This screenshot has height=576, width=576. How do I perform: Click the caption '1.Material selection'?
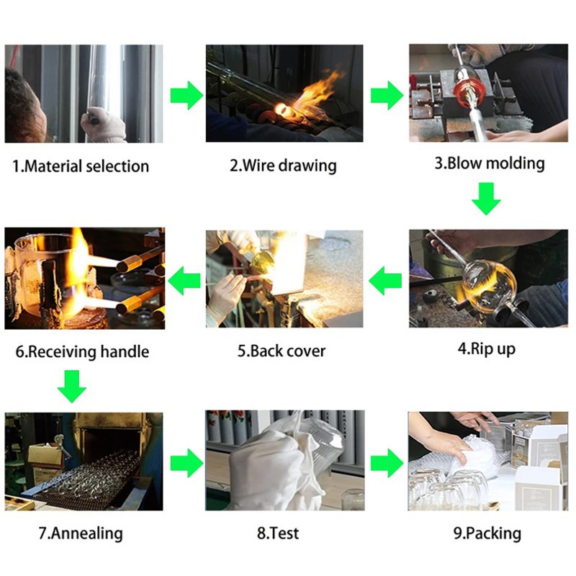81,166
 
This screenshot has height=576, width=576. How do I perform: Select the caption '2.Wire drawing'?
283,166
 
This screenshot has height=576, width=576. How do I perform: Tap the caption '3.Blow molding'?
489,163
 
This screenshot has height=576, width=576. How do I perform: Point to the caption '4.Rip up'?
487,349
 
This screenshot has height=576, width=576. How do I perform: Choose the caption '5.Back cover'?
282,351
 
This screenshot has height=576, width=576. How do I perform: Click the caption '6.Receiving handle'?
82,352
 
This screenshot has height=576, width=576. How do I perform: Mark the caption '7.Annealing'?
81,534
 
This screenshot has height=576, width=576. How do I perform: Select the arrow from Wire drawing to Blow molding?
387,95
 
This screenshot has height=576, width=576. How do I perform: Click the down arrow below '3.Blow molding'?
487,199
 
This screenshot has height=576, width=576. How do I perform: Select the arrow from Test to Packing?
387,462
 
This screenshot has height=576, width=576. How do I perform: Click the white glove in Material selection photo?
103,125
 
